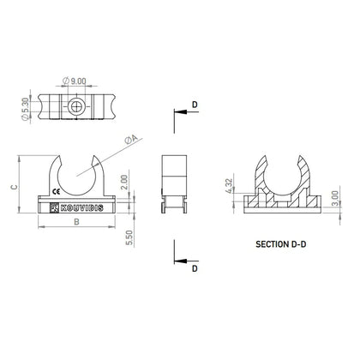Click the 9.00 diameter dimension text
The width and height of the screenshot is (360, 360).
[x=76, y=81]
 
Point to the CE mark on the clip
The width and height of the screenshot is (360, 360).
[x=57, y=191]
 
